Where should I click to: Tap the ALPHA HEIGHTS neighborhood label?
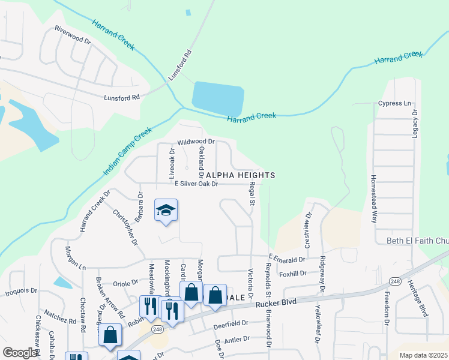coord(240,175)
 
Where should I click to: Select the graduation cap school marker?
coord(166,211)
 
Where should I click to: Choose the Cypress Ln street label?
coord(394,103)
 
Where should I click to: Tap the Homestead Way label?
coord(373,199)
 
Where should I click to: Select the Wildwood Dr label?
coord(196,143)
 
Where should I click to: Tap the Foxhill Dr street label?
coord(292,274)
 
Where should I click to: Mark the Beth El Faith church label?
coord(417,241)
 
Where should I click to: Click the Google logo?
coord(19,353)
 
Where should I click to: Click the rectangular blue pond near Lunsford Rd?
coord(218,98)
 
